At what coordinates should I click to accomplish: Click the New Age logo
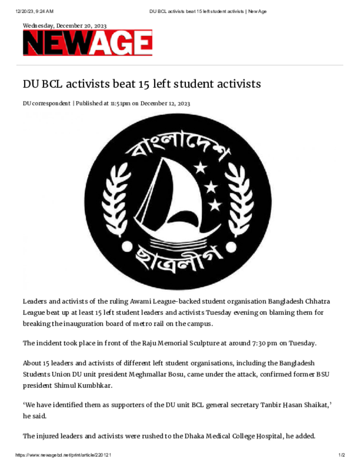pos(87,43)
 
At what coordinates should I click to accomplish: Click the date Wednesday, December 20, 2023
pos(65,25)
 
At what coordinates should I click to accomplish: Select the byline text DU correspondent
pos(46,103)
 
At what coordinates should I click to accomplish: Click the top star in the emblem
pos(200,168)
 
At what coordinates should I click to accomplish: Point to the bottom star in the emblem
pos(214,205)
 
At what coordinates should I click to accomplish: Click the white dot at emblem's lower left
pos(126,246)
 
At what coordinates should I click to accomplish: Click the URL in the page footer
pos(64,455)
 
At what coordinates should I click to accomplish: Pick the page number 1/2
pos(342,455)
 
